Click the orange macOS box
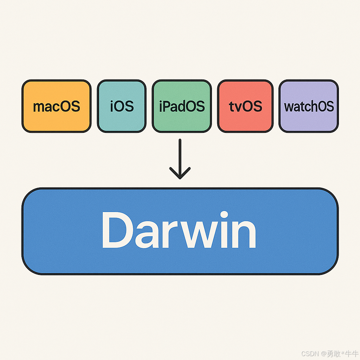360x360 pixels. (x=56, y=106)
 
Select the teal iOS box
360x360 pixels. (x=121, y=106)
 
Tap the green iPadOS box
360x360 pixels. (x=182, y=106)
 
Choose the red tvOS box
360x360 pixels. (x=245, y=106)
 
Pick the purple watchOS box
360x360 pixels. (x=309, y=106)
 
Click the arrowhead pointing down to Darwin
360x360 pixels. (x=180, y=174)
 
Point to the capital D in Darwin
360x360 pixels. (x=115, y=230)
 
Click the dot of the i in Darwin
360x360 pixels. (x=224, y=215)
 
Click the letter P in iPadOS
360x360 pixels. (x=168, y=106)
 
